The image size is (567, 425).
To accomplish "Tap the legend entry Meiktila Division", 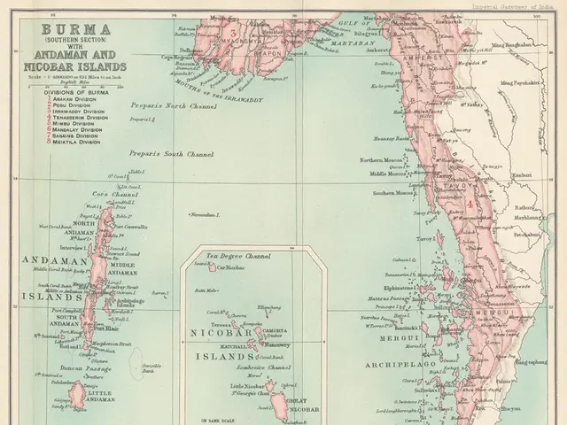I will pos(74,142).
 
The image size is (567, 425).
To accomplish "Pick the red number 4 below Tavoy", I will pos(465,205).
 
